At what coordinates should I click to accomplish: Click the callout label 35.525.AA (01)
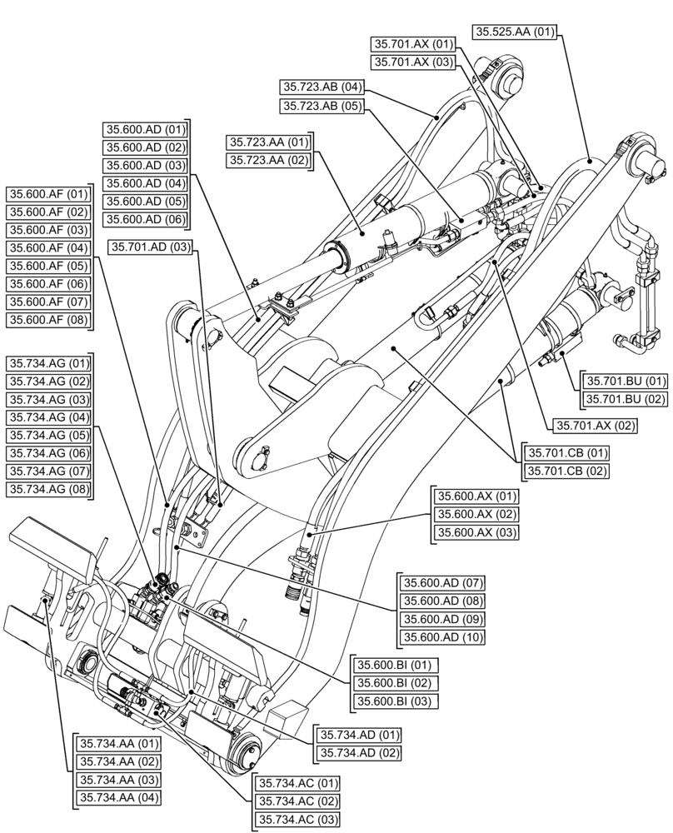click(514, 32)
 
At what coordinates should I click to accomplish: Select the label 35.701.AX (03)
click(413, 62)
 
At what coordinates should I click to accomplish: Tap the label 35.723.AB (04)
click(322, 87)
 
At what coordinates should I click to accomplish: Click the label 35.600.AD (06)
click(146, 220)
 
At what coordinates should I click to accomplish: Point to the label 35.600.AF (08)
click(48, 320)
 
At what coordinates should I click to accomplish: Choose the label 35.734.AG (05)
click(48, 435)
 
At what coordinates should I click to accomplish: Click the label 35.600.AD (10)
click(443, 637)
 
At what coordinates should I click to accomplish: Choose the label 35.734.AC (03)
click(297, 820)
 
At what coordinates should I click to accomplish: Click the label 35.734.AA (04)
click(118, 797)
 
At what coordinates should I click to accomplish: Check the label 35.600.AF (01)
click(48, 194)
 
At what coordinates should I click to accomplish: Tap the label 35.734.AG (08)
click(48, 489)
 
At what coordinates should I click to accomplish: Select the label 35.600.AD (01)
click(146, 129)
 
